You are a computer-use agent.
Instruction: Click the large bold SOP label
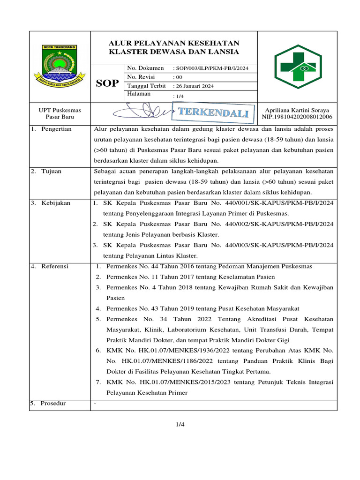pos(107,83)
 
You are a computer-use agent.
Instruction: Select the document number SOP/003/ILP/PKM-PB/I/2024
pos(210,68)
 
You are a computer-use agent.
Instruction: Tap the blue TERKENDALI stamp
pos(213,113)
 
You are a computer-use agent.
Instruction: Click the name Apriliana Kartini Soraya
pos(297,110)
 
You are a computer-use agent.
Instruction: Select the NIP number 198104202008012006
pos(297,117)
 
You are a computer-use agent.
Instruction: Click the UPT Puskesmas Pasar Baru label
pos(60,113)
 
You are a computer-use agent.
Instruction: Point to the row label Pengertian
pos(56,129)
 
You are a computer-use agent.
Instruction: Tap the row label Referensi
pos(55,266)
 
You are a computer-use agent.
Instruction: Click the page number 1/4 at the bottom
pos(180,425)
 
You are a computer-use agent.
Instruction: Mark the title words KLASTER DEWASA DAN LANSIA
pos(174,52)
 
